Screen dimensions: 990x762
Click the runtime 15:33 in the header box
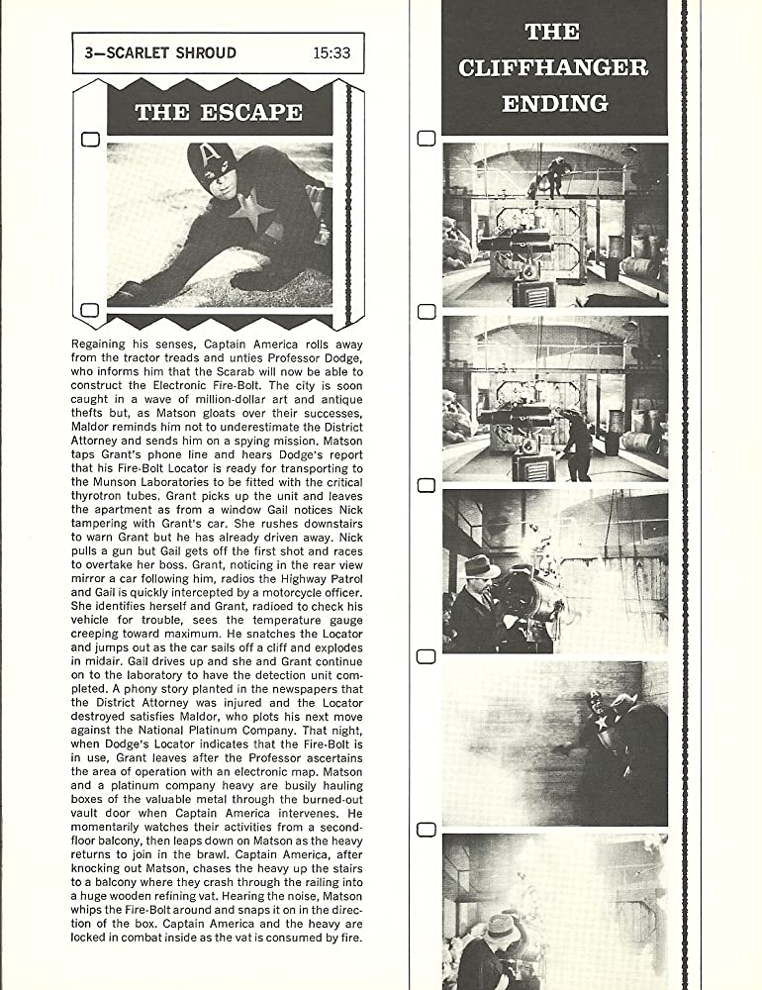[x=331, y=52]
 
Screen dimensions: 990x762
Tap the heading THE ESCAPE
[x=219, y=111]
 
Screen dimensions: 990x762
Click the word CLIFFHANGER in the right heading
[x=553, y=67]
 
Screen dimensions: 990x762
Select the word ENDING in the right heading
[x=554, y=103]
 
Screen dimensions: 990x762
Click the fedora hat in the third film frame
[x=481, y=566]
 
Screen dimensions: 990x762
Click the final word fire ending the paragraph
[x=351, y=937]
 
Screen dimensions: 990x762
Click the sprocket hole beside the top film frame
[x=427, y=139]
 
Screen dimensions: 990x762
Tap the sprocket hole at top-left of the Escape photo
[x=89, y=140]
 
